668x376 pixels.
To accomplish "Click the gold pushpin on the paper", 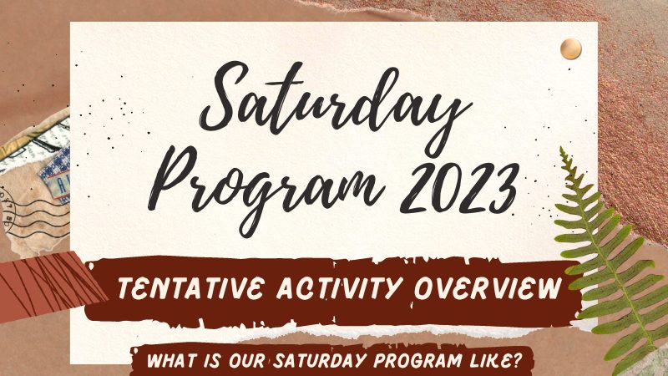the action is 571,48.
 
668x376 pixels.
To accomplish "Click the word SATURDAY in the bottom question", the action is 320,361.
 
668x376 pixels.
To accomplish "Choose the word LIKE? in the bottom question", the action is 495,361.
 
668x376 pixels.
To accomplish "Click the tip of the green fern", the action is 562,149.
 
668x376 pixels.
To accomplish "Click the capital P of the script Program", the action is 175,179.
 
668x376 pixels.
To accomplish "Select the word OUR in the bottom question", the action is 247,361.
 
